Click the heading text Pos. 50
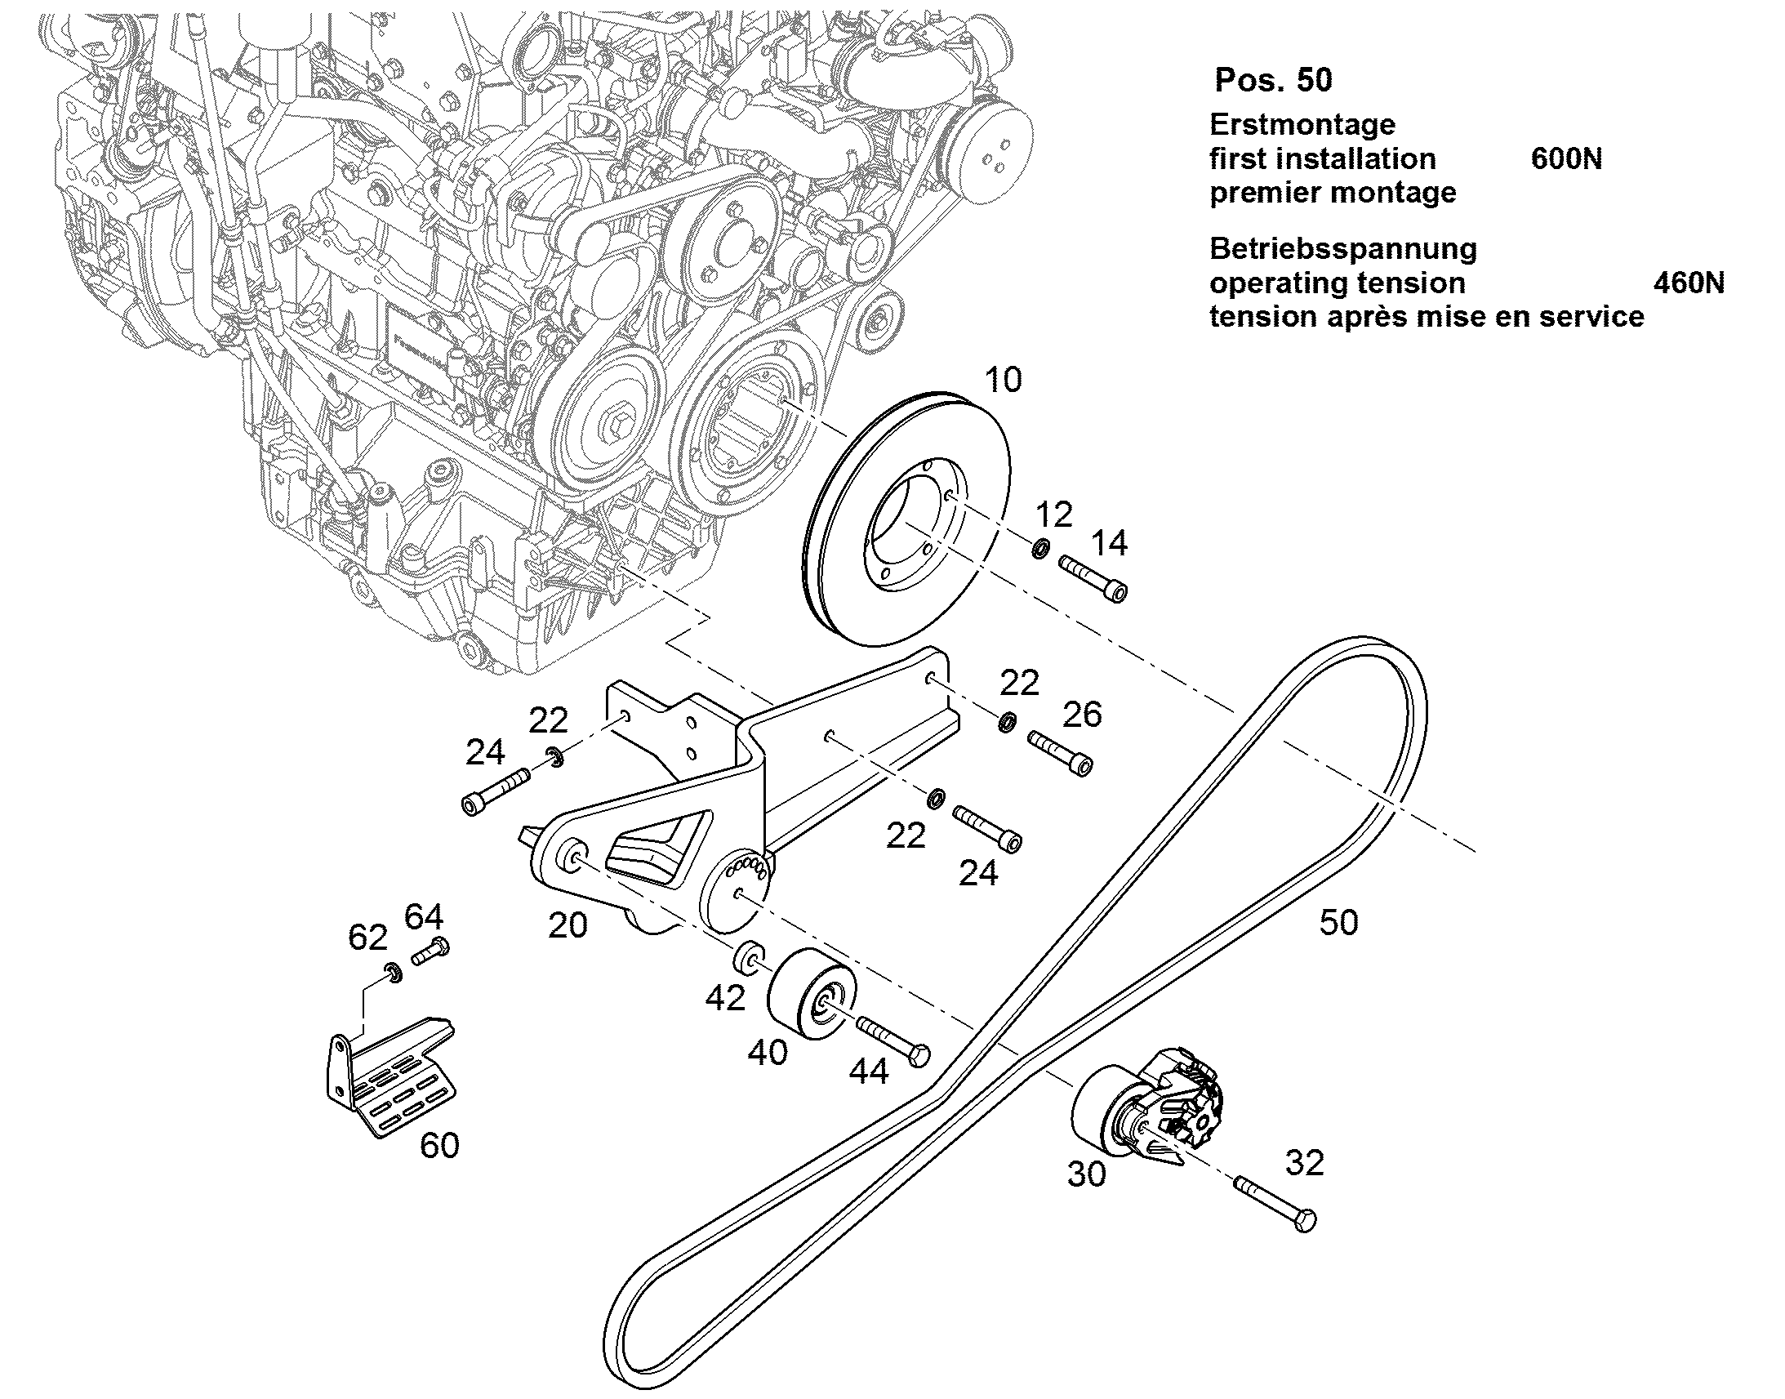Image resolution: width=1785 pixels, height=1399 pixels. tap(1273, 79)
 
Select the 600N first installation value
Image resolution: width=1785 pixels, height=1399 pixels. tap(1566, 158)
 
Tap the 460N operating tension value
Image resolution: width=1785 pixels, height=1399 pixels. tap(1689, 283)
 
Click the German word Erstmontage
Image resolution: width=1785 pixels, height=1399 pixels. tap(1302, 124)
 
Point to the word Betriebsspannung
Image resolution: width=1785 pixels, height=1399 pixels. tap(1343, 249)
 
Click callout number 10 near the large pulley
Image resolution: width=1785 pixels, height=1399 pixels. tap(1003, 380)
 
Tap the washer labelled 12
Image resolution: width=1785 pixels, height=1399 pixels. tap(1039, 548)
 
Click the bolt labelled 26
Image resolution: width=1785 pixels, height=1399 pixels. tap(1060, 753)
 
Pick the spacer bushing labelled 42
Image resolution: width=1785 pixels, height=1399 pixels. tap(750, 956)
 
